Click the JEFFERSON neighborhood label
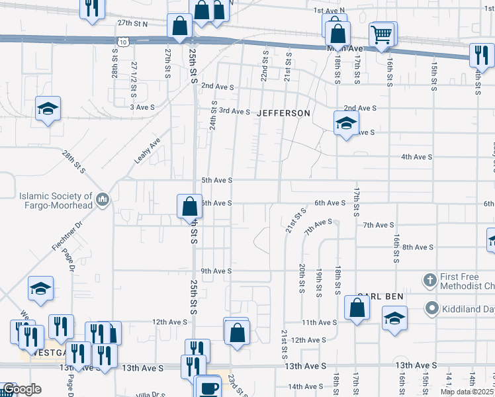click(x=283, y=113)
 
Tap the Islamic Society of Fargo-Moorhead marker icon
click(x=103, y=200)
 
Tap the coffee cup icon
click(x=209, y=387)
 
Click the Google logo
click(x=22, y=390)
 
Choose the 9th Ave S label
click(x=216, y=271)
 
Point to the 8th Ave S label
click(x=417, y=247)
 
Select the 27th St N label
click(x=132, y=22)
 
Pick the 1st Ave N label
click(x=330, y=11)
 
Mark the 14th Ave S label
click(x=304, y=386)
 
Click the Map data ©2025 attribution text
click(x=467, y=392)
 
